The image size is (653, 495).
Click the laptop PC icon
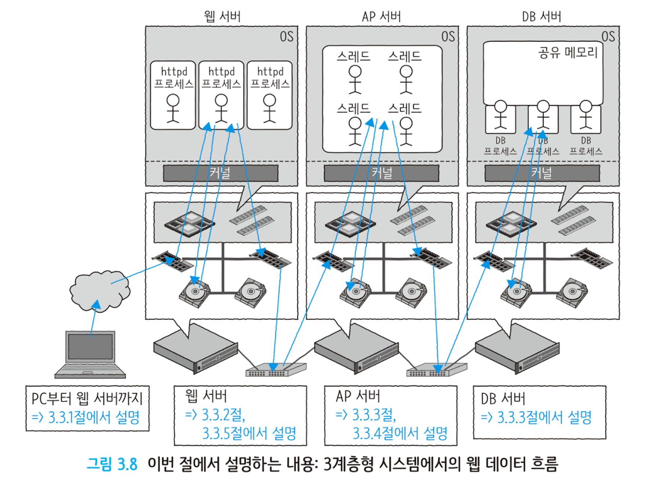pos(90,354)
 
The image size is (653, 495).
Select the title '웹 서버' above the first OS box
pos(222,16)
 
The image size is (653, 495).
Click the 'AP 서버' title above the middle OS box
pos(382,16)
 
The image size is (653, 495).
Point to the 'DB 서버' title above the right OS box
pos(541,16)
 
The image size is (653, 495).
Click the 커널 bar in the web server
pos(220,173)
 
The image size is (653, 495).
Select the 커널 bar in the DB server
pos(542,173)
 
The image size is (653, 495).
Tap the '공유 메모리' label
pos(568,52)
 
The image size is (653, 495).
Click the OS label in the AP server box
pos(448,36)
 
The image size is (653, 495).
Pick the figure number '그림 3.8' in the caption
pos(112,464)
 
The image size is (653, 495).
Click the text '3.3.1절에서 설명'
pos(94,417)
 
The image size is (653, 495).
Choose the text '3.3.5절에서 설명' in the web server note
pos(249,433)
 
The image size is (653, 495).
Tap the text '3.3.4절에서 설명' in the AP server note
pos(400,433)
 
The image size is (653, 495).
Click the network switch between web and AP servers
pos(276,370)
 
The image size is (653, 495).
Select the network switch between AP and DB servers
pos(437,370)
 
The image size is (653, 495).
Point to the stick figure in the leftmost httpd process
pos(173,108)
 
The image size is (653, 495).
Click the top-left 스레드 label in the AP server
pos(354,56)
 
